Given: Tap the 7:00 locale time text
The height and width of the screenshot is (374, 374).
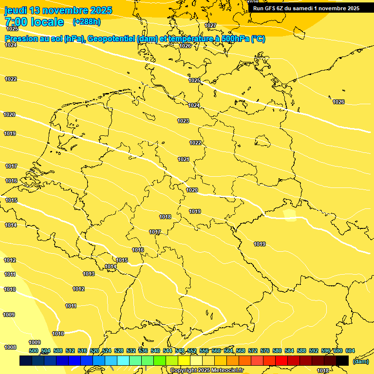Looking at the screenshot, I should coord(34,22).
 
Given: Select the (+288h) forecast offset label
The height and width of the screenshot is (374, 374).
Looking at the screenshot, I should coord(87,22).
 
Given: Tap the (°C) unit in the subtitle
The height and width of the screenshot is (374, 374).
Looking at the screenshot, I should coord(258,39).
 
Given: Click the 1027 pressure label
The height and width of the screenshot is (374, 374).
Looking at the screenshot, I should coord(210,25).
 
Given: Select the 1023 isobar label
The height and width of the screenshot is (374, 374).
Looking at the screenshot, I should coord(183,121).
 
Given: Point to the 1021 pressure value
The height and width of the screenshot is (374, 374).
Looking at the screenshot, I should coord(184,160).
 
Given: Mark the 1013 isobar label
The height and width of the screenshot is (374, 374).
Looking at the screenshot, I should coord(89,274).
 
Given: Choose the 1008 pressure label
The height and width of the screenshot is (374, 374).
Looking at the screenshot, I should coord(10,347).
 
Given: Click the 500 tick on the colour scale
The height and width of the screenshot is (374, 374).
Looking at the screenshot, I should coord(34,351).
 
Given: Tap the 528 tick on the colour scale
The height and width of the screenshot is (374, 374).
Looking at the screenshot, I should coord(119,351).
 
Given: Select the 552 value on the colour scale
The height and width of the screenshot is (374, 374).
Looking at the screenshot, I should coord(192,351).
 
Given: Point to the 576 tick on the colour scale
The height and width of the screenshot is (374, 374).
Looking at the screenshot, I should coord(265,351).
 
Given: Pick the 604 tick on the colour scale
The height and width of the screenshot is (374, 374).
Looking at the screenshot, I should coord(350,351).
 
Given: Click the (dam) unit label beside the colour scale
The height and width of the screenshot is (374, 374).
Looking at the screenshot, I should coord(361,361).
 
